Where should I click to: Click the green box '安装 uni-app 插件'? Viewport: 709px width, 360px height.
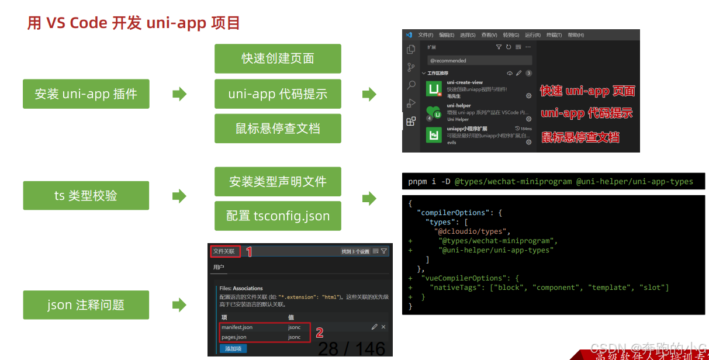point(86,94)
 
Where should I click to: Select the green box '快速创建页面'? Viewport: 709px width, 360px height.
point(278,58)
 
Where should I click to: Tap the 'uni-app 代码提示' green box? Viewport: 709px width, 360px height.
point(278,94)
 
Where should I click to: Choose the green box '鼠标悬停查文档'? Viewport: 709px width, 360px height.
point(278,129)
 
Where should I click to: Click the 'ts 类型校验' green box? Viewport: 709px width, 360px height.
point(86,196)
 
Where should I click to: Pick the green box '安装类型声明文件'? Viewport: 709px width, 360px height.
point(278,182)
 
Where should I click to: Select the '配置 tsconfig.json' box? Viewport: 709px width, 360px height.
point(278,216)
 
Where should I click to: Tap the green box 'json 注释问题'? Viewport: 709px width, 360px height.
point(86,305)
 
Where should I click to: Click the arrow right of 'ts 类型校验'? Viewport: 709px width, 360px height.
point(179,196)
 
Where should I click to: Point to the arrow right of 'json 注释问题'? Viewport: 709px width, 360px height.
point(179,305)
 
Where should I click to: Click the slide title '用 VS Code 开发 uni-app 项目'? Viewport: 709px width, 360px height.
point(134,23)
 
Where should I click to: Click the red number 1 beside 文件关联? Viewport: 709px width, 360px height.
point(249,252)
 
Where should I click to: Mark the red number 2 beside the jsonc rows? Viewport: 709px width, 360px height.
point(319,333)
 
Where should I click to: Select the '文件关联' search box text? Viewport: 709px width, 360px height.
point(224,251)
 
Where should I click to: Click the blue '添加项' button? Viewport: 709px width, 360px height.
point(233,349)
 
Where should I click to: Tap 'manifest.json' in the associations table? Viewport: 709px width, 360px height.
point(237,327)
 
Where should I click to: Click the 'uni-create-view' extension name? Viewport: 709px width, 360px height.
point(465,82)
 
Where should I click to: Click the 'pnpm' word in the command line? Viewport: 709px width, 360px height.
point(417,181)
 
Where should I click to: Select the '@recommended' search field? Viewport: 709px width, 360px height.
point(479,60)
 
